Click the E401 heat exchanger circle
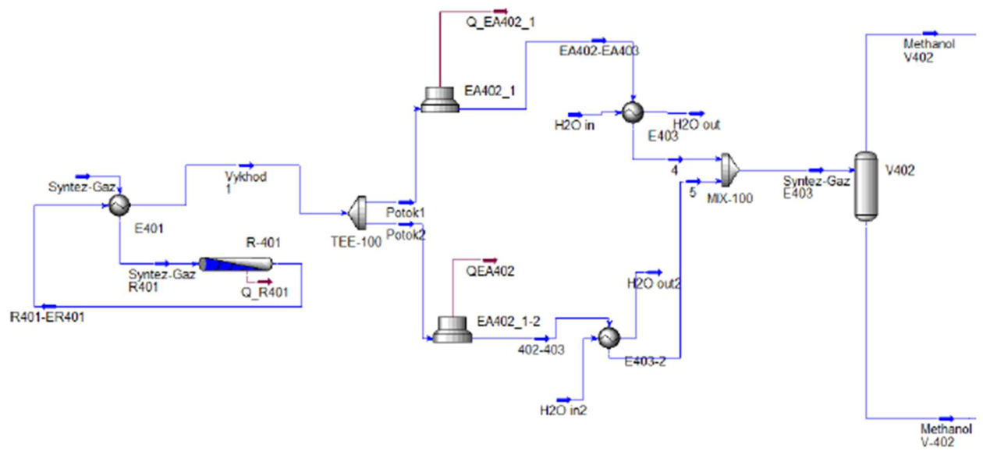pos(119,204)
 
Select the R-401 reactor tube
pos(236,264)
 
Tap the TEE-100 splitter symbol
pos(358,213)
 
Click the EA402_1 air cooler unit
pos(440,100)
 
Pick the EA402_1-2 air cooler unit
pos(452,329)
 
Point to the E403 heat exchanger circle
pos(633,112)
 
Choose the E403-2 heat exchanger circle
pos(609,338)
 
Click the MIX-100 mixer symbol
pos(729,170)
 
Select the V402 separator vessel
pos(866,187)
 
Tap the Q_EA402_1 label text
pos(500,23)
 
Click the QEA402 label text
pos(490,271)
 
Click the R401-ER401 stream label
pos(48,317)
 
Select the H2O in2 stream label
pos(563,411)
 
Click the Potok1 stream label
pos(406,213)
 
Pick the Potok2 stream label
pos(406,235)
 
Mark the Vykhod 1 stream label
pos(245,183)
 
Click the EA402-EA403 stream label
pos(598,52)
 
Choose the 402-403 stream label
pos(541,350)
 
